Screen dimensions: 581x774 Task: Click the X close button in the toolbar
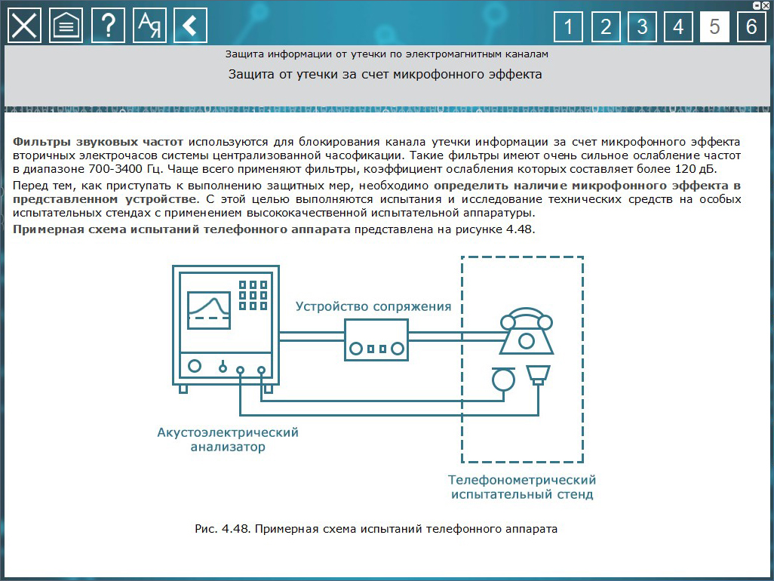click(x=25, y=26)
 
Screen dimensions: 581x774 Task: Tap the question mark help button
click(x=108, y=26)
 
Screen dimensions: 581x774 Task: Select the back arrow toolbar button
click(x=190, y=26)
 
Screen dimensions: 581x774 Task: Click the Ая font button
click(x=149, y=26)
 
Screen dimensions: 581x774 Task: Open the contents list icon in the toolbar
click(x=66, y=26)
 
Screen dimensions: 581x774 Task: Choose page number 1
click(x=568, y=27)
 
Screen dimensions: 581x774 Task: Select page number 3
click(x=641, y=27)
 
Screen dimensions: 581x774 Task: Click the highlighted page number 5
click(x=714, y=27)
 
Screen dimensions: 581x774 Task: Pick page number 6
click(x=751, y=27)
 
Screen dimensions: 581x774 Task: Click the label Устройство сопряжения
click(x=373, y=306)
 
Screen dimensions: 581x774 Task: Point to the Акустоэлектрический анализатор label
click(x=228, y=439)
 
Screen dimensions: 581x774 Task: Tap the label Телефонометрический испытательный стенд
click(x=522, y=487)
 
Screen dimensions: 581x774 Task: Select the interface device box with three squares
click(x=376, y=340)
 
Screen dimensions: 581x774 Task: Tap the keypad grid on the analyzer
click(x=253, y=296)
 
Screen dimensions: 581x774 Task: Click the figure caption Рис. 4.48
click(x=376, y=529)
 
